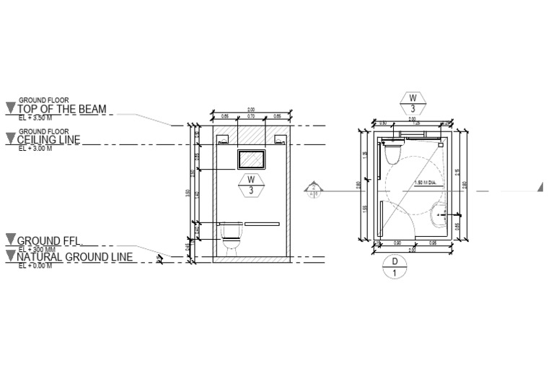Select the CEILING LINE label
point(48,139)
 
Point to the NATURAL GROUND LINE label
point(74,257)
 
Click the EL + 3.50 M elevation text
point(35,117)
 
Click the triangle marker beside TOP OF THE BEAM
point(10,108)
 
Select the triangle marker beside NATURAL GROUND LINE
point(10,256)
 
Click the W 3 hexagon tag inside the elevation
point(251,185)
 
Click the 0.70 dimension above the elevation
point(251,116)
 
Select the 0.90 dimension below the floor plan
point(396,243)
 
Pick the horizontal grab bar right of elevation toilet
point(262,224)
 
